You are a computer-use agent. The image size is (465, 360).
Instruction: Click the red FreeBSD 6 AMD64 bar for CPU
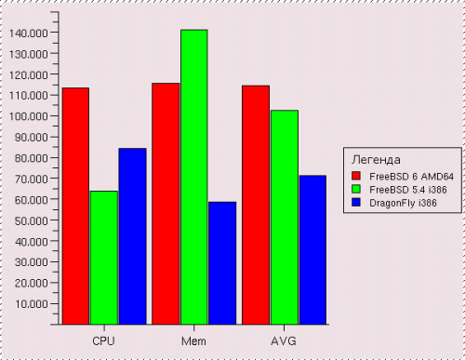[75, 207]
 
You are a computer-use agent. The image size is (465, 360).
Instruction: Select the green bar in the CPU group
[104, 258]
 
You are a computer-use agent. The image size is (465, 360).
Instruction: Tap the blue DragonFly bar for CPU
[133, 236]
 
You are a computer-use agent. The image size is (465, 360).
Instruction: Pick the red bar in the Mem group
[166, 204]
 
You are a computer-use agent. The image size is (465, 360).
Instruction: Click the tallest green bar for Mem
[194, 177]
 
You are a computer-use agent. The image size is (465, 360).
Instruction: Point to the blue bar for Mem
[222, 263]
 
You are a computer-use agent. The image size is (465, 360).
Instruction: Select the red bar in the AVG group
[256, 205]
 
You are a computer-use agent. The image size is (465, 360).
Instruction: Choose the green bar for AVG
[285, 218]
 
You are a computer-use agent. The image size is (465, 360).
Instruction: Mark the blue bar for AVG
[312, 250]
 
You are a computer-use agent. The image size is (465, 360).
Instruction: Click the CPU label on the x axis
[103, 341]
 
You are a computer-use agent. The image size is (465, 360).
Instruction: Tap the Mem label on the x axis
[193, 341]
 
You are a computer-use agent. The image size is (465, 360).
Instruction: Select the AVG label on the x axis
[284, 341]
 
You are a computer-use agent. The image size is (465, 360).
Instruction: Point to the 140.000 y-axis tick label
[29, 33]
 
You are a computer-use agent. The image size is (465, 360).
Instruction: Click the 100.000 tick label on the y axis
[29, 116]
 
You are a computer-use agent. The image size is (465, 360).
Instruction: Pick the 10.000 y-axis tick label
[32, 304]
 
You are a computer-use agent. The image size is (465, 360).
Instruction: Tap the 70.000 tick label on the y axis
[32, 179]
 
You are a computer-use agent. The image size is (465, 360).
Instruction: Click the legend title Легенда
[376, 160]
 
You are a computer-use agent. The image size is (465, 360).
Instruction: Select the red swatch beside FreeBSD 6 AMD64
[356, 176]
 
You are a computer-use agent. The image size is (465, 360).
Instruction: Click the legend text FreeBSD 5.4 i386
[408, 190]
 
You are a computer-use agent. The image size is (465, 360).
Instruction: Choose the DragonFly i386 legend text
[403, 203]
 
